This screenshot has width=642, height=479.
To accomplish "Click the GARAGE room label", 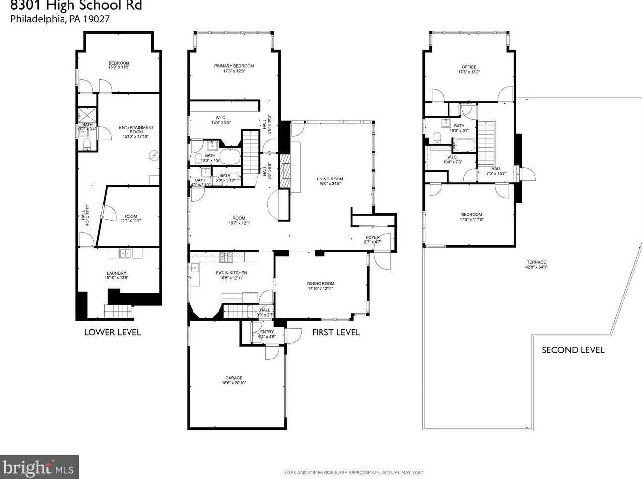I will pyautogui.click(x=234, y=378).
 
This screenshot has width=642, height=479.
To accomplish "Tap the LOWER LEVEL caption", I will pyautogui.click(x=113, y=332).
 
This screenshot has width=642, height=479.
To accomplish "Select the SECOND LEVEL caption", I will pyautogui.click(x=573, y=350).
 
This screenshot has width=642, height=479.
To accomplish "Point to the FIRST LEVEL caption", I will pyautogui.click(x=335, y=332).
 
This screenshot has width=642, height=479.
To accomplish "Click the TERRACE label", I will pyautogui.click(x=536, y=262).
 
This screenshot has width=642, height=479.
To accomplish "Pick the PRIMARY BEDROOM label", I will pyautogui.click(x=234, y=66).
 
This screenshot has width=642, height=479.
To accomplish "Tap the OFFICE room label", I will pyautogui.click(x=469, y=67).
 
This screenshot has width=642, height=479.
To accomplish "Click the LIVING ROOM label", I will pyautogui.click(x=330, y=179).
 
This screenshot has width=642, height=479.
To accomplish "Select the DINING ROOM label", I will pyautogui.click(x=321, y=284).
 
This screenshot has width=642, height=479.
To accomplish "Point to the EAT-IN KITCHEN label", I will pyautogui.click(x=231, y=273).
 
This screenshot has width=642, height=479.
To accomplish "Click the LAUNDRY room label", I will pyautogui.click(x=116, y=273).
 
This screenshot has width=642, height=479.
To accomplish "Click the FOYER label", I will pyautogui.click(x=372, y=238).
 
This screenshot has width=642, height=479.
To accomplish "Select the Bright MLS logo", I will pyautogui.click(x=39, y=467).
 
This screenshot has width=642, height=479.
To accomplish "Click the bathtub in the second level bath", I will pyautogui.click(x=464, y=145).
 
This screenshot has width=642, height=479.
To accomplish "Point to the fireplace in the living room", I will pyautogui.click(x=285, y=171).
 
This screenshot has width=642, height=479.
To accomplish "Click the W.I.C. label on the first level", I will pyautogui.click(x=221, y=118).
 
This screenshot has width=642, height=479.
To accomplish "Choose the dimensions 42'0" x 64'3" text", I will pyautogui.click(x=536, y=267).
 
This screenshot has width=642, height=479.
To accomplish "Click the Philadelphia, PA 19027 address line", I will pyautogui.click(x=60, y=19).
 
